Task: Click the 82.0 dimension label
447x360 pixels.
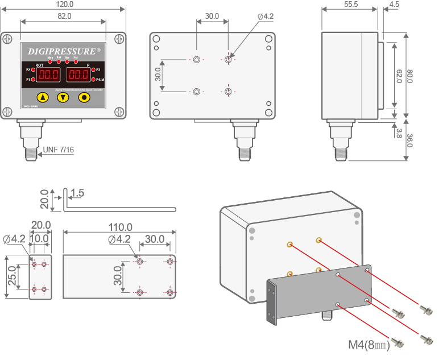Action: pos(64,16)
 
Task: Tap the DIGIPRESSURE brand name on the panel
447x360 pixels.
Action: pos(64,51)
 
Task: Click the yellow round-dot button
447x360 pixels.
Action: pos(84,97)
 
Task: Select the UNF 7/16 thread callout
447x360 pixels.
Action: pos(59,150)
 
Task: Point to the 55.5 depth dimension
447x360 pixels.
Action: pos(351,4)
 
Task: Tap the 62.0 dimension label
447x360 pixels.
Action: pos(399,76)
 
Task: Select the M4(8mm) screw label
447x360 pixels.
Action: pos(369,344)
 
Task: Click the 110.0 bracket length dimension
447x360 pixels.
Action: pos(119,227)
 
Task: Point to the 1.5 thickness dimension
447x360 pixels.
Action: pos(78,193)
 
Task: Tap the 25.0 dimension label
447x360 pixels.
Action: pos(12,276)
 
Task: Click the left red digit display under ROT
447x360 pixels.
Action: pos(49,75)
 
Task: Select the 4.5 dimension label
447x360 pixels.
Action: pos(394,4)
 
